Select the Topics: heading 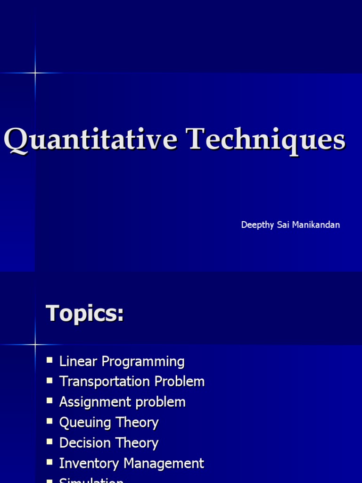point(85,314)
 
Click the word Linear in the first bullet point(79,362)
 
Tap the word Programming point(143,362)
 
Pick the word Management point(163,463)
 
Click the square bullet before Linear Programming point(50,361)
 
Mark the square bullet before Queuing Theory point(50,422)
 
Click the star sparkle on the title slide point(35,73)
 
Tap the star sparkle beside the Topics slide point(35,345)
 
